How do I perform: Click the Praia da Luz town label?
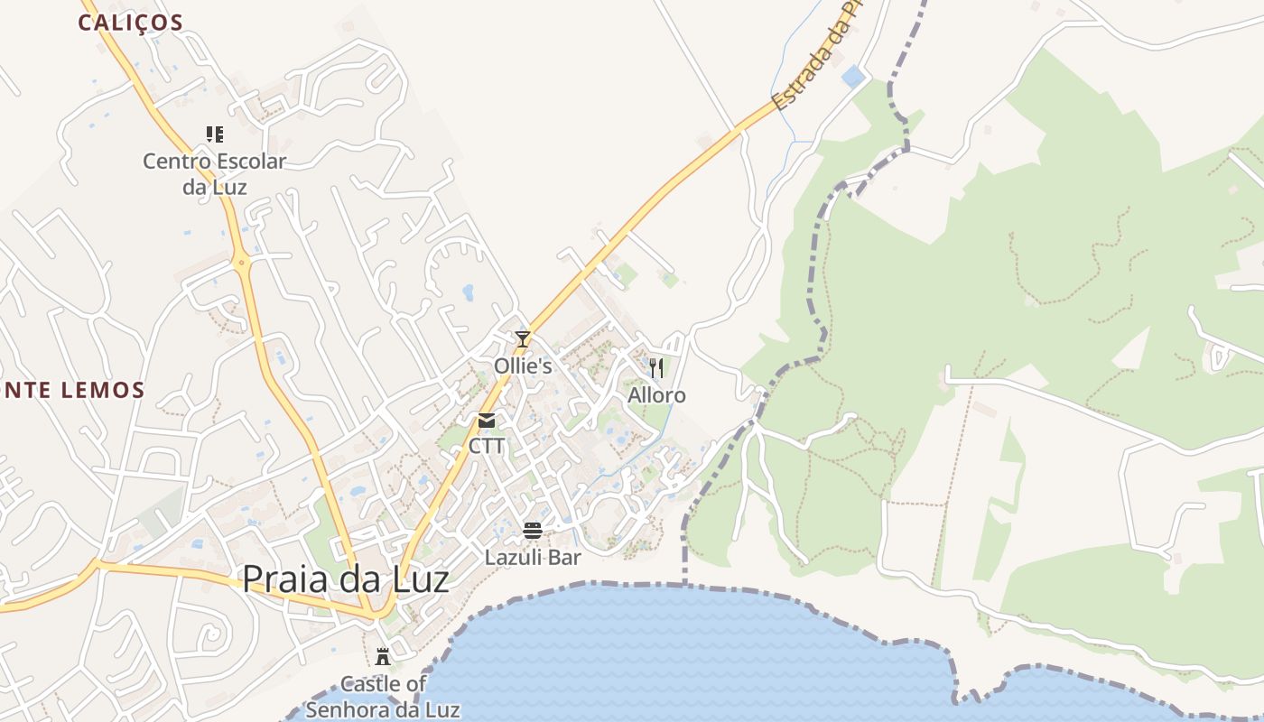(x=346, y=579)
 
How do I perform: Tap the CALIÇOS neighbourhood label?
(x=130, y=23)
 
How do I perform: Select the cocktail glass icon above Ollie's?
(x=522, y=339)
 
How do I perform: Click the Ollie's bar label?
(x=523, y=366)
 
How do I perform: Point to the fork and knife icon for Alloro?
(x=656, y=367)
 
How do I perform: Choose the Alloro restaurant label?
(x=656, y=395)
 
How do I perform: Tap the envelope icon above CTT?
(x=487, y=420)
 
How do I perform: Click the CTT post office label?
(x=487, y=446)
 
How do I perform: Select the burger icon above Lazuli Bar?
(x=533, y=530)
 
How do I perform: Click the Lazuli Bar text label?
(x=533, y=558)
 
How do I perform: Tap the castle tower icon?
(x=383, y=656)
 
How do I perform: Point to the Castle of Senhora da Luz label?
(x=383, y=697)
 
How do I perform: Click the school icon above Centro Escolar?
(x=215, y=134)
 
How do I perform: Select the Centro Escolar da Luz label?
(x=215, y=174)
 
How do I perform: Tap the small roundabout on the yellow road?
(x=241, y=264)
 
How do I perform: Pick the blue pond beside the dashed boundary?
(x=852, y=76)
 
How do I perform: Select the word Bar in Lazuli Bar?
(x=564, y=558)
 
